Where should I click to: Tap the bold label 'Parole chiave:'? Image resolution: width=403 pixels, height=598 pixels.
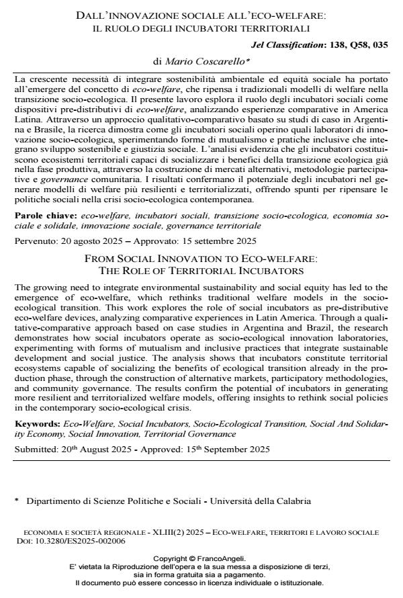click(x=46, y=218)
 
